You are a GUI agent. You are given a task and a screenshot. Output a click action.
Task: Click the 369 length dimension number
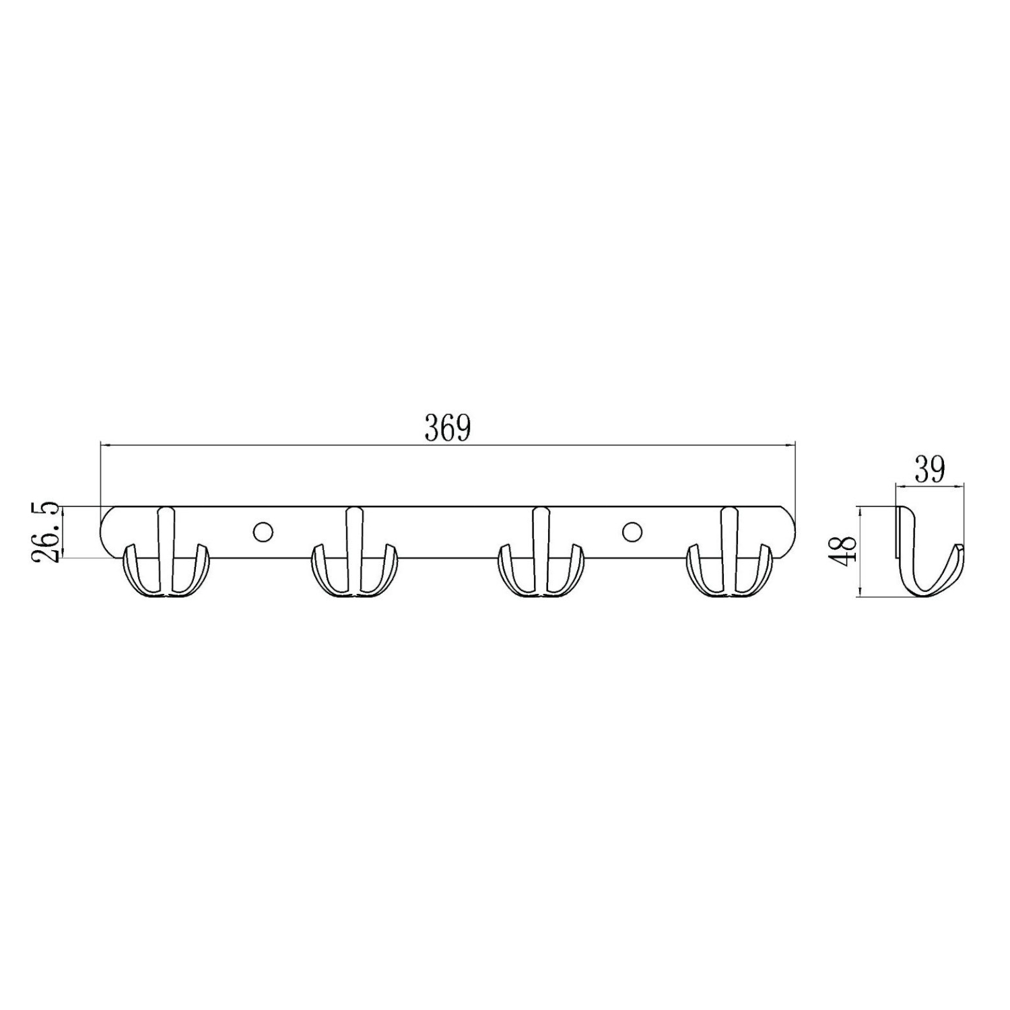coord(447,428)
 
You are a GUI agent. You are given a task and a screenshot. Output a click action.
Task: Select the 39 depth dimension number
coord(930,469)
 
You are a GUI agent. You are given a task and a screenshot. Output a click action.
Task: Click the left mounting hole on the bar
coord(263,531)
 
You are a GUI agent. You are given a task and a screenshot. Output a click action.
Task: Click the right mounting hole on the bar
coord(632,531)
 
